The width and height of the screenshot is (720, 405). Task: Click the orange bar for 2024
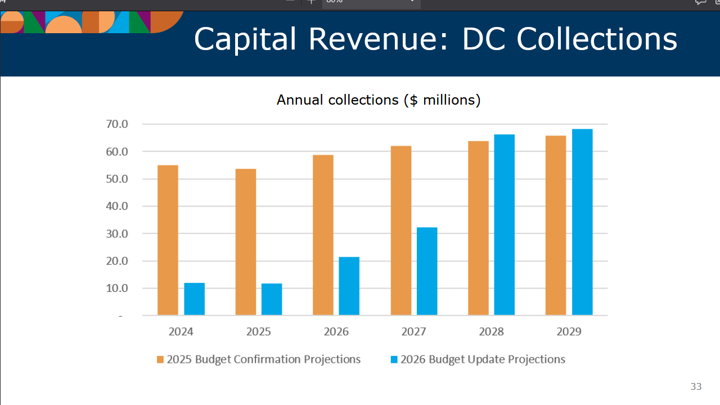tap(168, 240)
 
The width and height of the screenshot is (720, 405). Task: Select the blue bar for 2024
tap(194, 299)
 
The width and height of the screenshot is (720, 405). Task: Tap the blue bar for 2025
tap(272, 299)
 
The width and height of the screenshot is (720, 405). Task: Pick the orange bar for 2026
tap(323, 235)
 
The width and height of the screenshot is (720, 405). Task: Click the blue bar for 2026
tap(349, 286)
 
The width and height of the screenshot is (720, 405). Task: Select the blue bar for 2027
tap(427, 271)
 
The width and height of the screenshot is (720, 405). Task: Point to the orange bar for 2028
tap(478, 228)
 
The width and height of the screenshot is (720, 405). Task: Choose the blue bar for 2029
tap(582, 222)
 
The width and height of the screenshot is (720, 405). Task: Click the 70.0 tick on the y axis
tap(116, 124)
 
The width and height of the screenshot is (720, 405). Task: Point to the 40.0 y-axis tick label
tap(116, 206)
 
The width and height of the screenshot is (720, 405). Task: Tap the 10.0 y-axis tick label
tap(116, 288)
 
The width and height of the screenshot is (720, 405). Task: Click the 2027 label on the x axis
tap(413, 331)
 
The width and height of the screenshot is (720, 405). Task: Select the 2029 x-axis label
tap(569, 331)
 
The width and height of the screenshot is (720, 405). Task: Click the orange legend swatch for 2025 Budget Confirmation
tap(160, 359)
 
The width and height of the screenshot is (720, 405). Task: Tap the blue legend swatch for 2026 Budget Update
tap(394, 359)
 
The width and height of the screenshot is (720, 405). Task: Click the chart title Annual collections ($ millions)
tap(379, 100)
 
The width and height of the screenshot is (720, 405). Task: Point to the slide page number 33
tap(696, 386)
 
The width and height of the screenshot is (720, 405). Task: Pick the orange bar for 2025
tap(246, 242)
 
